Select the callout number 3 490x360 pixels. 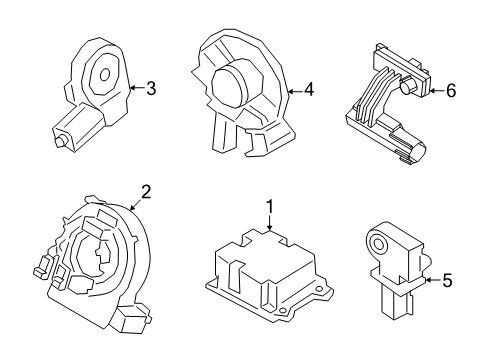(x=150, y=89)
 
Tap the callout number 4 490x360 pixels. (x=308, y=89)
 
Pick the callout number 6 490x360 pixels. (x=450, y=89)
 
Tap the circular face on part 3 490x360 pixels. (x=102, y=71)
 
